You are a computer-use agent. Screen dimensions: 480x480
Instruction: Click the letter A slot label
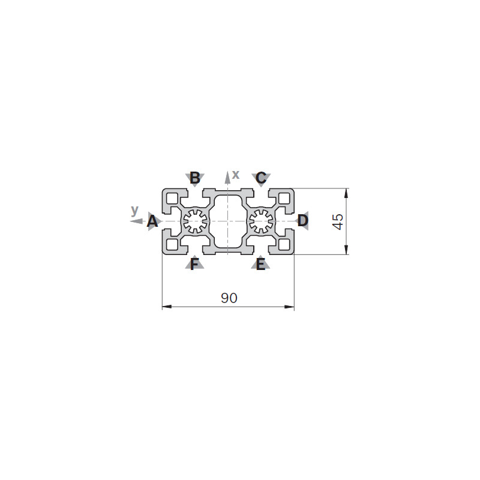pyautogui.click(x=152, y=221)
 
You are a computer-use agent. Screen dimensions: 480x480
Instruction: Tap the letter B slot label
pyautogui.click(x=195, y=178)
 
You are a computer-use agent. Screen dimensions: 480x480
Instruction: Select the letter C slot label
pyautogui.click(x=261, y=178)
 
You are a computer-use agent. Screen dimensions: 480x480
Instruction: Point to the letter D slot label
pyautogui.click(x=303, y=220)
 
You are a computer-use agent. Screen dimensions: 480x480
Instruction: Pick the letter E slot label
pyautogui.click(x=260, y=264)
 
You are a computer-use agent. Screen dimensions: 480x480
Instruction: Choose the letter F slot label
pyautogui.click(x=194, y=264)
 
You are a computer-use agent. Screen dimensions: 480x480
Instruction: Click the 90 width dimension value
pyautogui.click(x=229, y=298)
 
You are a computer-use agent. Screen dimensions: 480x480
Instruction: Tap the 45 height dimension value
pyautogui.click(x=338, y=221)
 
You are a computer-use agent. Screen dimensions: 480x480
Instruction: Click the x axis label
pyautogui.click(x=235, y=175)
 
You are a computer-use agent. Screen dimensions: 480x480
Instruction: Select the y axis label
pyautogui.click(x=134, y=211)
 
